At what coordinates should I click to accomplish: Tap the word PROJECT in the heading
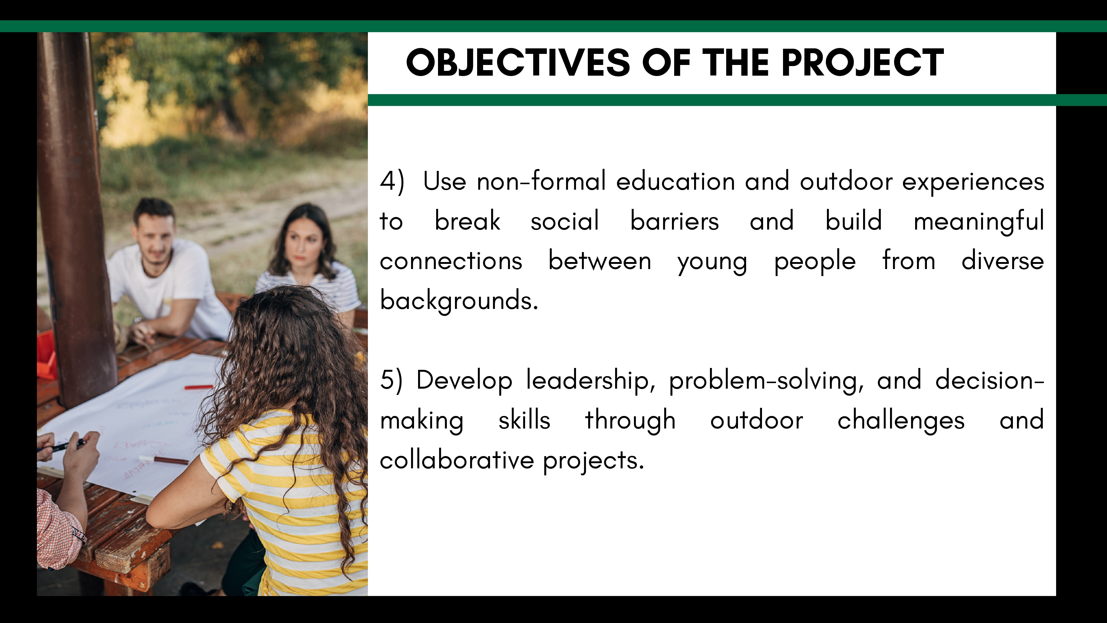pyautogui.click(x=862, y=63)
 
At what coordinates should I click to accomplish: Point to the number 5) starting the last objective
pyautogui.click(x=391, y=381)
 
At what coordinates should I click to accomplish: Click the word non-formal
pyautogui.click(x=541, y=180)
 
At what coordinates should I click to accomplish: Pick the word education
pyautogui.click(x=675, y=180)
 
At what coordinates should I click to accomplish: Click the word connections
pyautogui.click(x=451, y=261)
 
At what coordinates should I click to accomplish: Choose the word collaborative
pyautogui.click(x=457, y=459)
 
